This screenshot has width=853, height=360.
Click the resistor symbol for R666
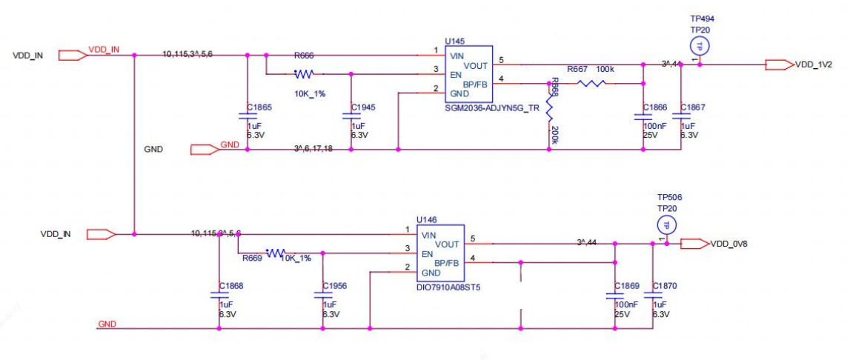pos(304,74)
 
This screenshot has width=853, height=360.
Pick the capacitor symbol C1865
pos(247,116)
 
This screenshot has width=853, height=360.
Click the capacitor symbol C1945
pos(351,116)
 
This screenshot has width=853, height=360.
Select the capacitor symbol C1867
pos(681,116)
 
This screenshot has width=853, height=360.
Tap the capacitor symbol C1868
pos(220,294)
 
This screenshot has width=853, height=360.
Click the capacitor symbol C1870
pos(653,294)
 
